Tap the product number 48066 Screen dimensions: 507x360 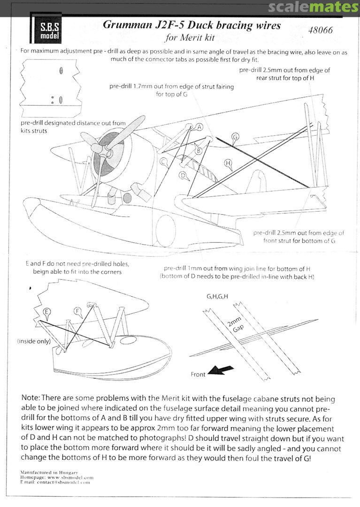[321, 31]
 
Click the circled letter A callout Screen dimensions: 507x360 [199, 127]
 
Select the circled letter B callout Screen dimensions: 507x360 [199, 151]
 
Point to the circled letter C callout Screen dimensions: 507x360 [164, 161]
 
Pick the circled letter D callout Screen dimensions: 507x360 [183, 175]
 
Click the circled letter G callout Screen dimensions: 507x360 [235, 137]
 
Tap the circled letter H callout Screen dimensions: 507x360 [228, 163]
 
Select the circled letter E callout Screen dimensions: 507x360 [46, 312]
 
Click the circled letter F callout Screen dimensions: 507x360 [78, 311]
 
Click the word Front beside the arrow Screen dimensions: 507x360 [198, 374]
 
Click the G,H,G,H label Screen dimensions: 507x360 [217, 297]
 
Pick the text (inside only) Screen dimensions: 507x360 [33, 341]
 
